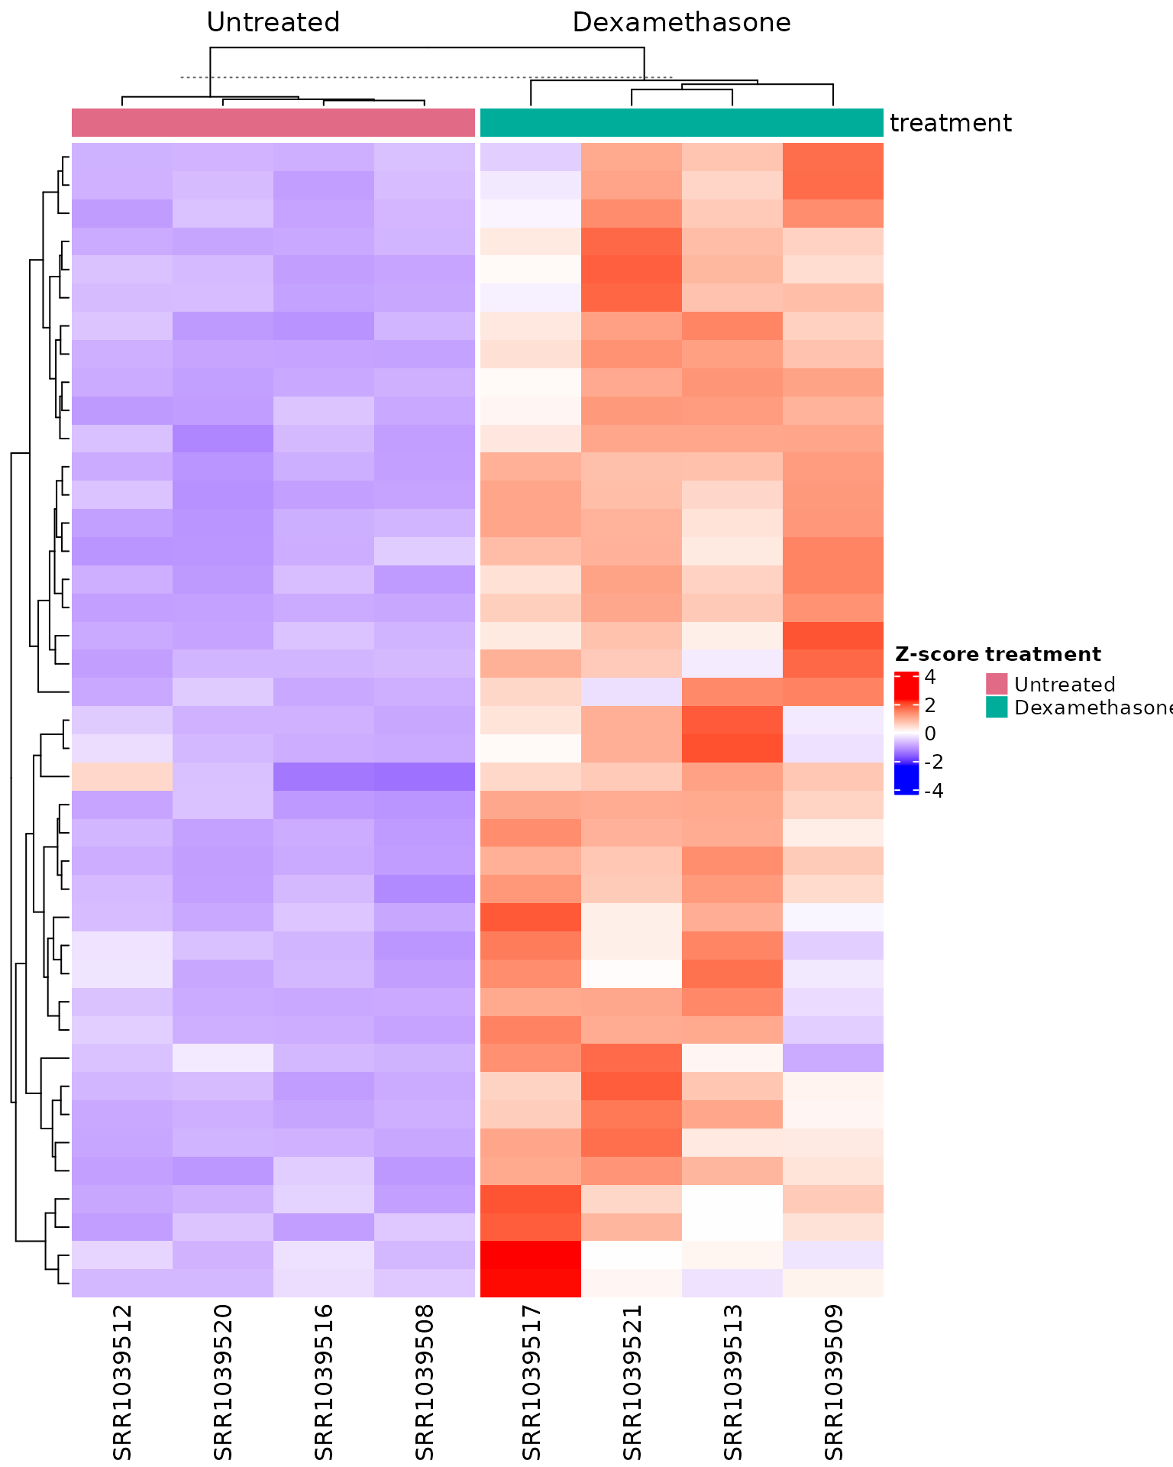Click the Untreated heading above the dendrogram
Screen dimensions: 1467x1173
[x=273, y=23]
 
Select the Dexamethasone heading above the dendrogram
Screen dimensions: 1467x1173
[x=681, y=23]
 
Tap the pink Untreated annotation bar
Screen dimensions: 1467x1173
[x=273, y=123]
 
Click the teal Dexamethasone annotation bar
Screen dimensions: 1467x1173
[x=681, y=123]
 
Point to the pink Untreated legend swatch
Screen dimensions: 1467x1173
[x=997, y=684]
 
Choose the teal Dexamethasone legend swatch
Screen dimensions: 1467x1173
[x=997, y=707]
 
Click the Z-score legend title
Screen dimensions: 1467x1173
[x=936, y=654]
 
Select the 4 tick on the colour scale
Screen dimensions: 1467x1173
[x=929, y=678]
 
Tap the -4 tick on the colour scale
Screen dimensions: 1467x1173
[x=933, y=791]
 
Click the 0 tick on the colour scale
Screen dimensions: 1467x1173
[x=929, y=734]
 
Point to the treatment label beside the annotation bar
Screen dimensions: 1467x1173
[x=951, y=123]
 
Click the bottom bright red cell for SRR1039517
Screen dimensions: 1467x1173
[x=531, y=1283]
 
